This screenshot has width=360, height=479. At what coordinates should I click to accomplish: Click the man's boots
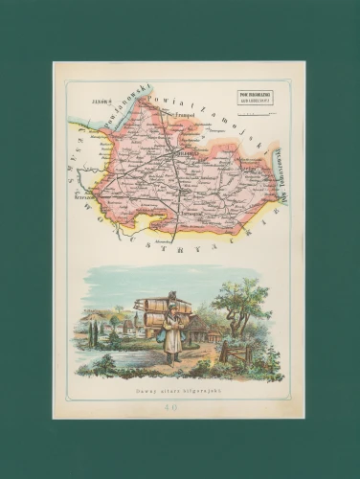[174, 358]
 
